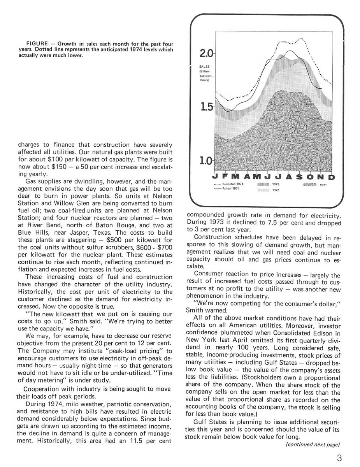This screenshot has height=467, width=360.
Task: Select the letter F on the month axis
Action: click(226, 177)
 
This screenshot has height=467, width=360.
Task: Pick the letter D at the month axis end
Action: click(332, 177)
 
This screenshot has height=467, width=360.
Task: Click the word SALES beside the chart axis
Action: click(205, 67)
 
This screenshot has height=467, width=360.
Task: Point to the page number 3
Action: click(339, 458)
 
